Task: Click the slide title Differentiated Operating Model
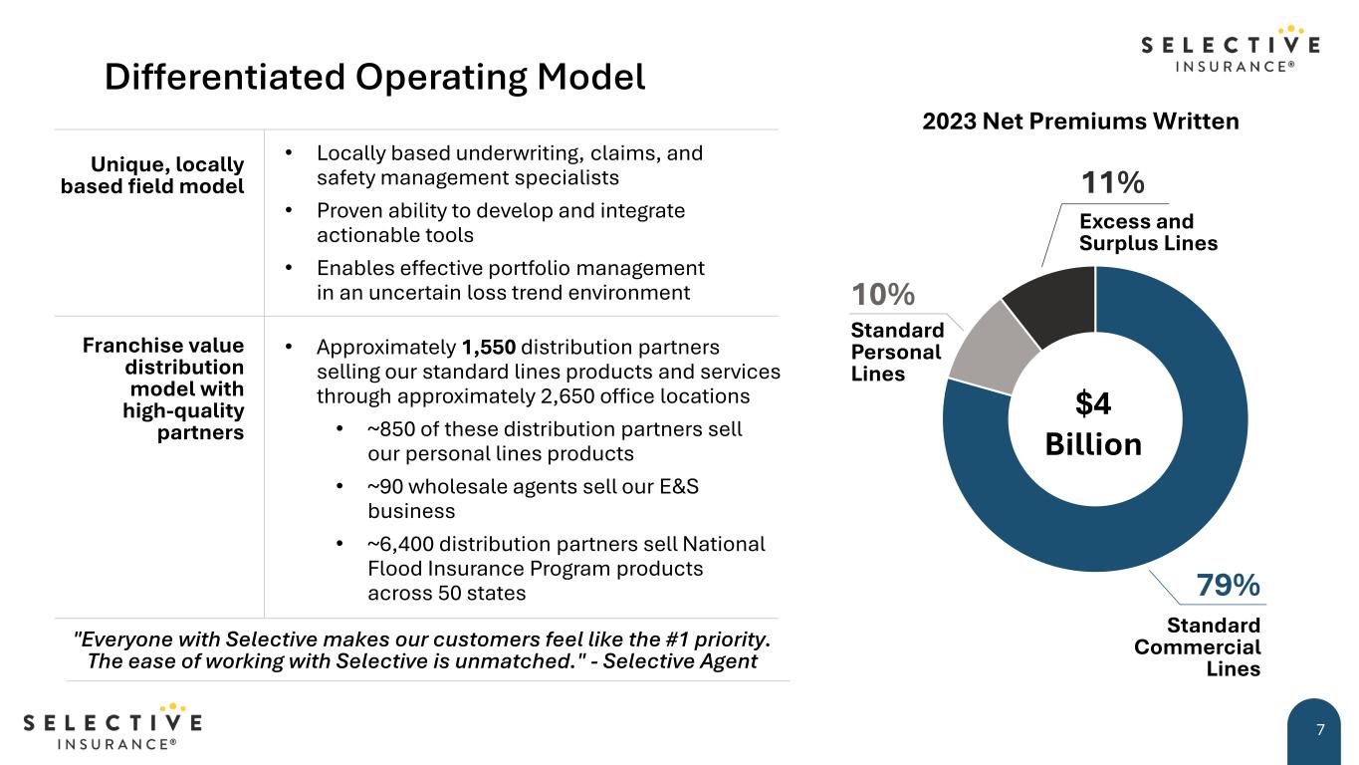pos(374,77)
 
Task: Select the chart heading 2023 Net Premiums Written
pos(1080,122)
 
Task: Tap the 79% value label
pos(1228,586)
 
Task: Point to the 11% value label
pos(1112,183)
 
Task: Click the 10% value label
pos(882,295)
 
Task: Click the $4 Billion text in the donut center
pos(1093,423)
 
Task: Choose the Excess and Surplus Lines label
pos(1147,232)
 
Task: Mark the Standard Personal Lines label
pos(896,352)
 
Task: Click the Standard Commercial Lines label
pos(1197,646)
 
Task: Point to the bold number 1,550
pos(488,348)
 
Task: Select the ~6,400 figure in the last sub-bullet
pos(400,544)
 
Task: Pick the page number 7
pos(1320,730)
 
